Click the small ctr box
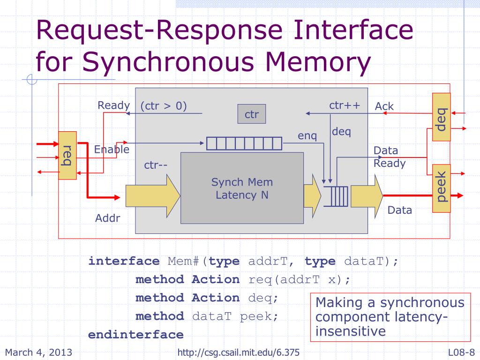click(252, 114)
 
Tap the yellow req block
click(67, 156)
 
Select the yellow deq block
click(442, 117)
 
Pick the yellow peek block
click(442, 188)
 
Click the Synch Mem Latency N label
click(242, 188)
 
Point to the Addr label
click(107, 218)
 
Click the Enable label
click(112, 150)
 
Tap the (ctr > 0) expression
click(164, 106)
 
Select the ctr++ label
click(345, 105)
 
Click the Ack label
click(384, 106)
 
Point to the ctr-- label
click(156, 165)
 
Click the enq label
click(307, 135)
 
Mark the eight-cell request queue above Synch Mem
click(244, 143)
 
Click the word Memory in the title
click(318, 62)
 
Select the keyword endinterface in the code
click(135, 335)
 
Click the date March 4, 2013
click(38, 352)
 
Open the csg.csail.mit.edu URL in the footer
click(239, 352)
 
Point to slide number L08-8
click(461, 352)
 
